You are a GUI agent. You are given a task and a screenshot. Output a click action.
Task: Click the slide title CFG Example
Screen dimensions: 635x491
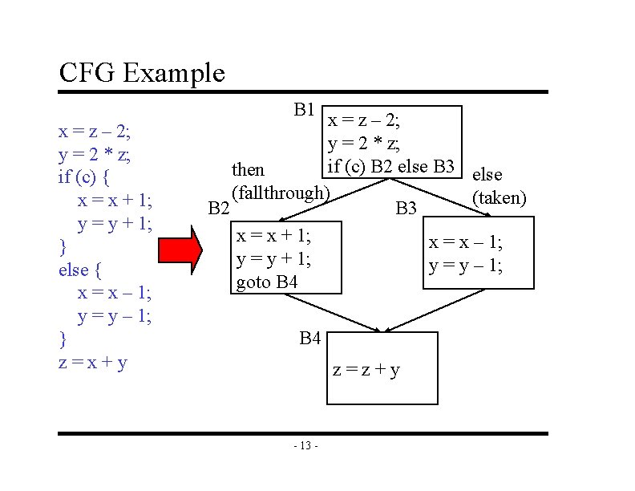coord(142,74)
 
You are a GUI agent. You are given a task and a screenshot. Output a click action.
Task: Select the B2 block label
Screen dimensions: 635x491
coord(219,209)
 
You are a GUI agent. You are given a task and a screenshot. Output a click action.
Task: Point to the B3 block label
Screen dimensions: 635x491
coord(406,209)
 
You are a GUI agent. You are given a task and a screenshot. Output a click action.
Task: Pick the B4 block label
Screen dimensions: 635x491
coord(310,339)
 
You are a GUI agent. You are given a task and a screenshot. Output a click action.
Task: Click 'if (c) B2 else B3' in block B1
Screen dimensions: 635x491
coord(391,167)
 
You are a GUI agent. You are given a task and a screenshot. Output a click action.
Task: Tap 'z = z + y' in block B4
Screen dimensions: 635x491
coord(366,370)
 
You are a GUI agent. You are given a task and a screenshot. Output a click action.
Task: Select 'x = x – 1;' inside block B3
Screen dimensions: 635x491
coord(466,242)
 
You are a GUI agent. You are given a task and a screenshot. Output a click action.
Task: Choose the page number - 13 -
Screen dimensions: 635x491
coord(306,446)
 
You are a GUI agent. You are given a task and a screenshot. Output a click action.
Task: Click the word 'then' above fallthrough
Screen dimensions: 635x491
coord(248,170)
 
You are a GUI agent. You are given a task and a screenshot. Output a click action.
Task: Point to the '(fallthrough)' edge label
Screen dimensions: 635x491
coord(280,193)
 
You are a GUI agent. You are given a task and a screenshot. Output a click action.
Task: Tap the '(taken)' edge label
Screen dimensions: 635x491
coord(500,197)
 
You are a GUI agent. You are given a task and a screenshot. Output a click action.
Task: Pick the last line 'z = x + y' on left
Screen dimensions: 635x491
coord(94,362)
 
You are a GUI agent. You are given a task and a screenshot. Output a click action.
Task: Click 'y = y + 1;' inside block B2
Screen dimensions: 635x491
coord(273,259)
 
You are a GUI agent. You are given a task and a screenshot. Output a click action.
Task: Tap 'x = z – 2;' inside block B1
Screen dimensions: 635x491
coord(366,121)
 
